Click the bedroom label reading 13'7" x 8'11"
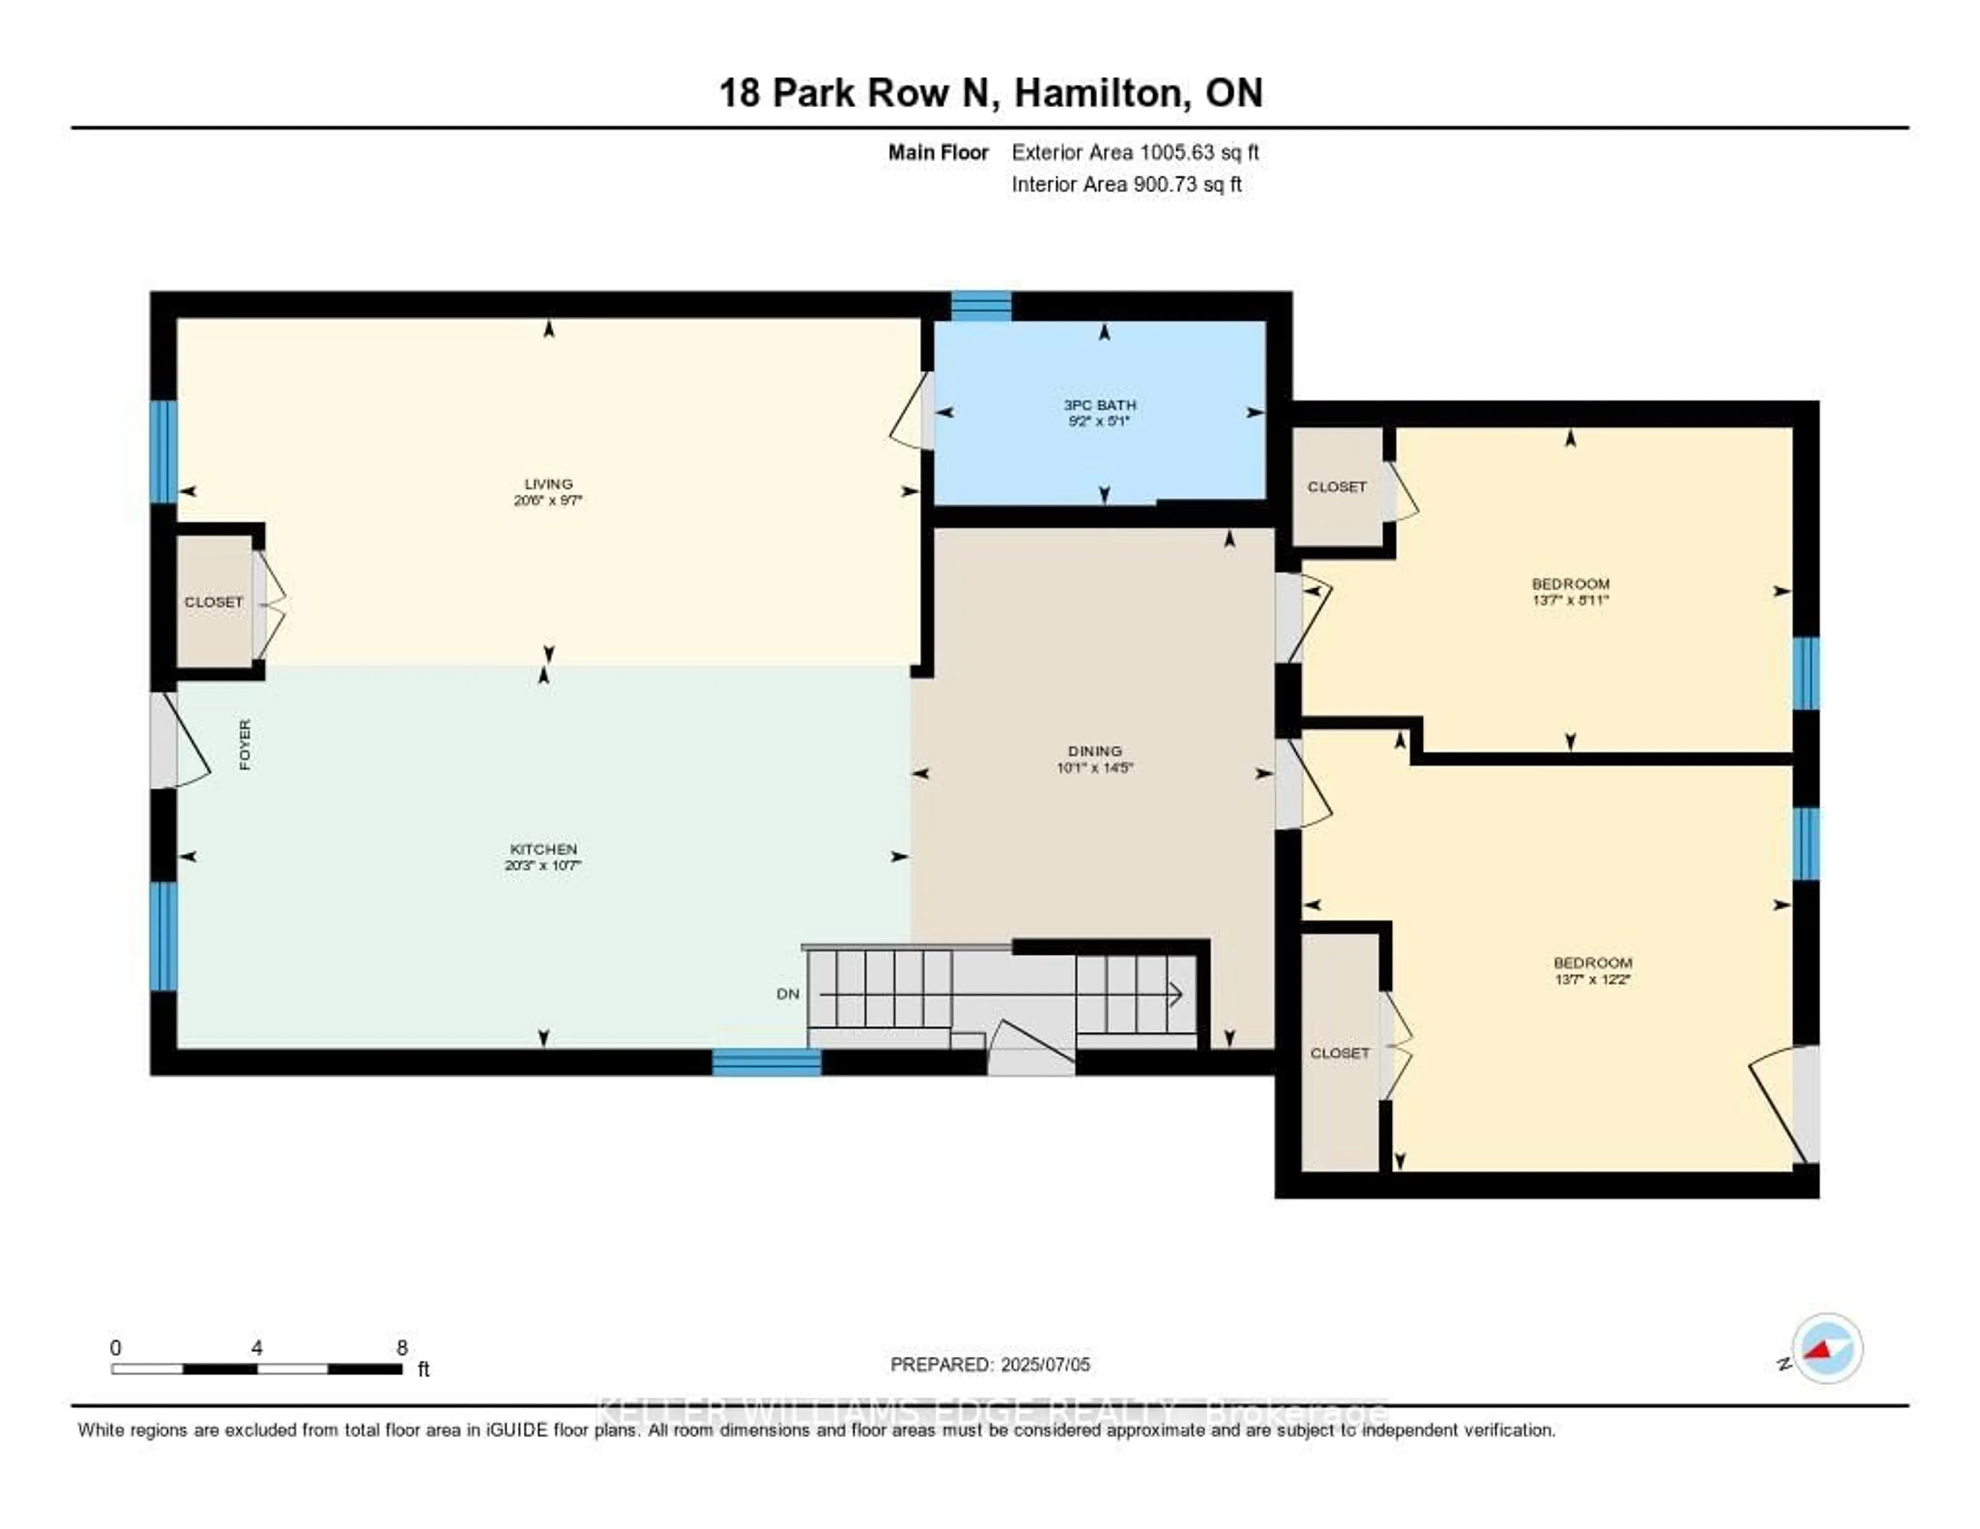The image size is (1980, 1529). point(1570,591)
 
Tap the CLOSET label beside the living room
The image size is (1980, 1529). point(214,602)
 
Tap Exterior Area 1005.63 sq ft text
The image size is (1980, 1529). point(1135,152)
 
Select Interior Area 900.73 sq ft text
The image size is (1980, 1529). point(1126,184)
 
